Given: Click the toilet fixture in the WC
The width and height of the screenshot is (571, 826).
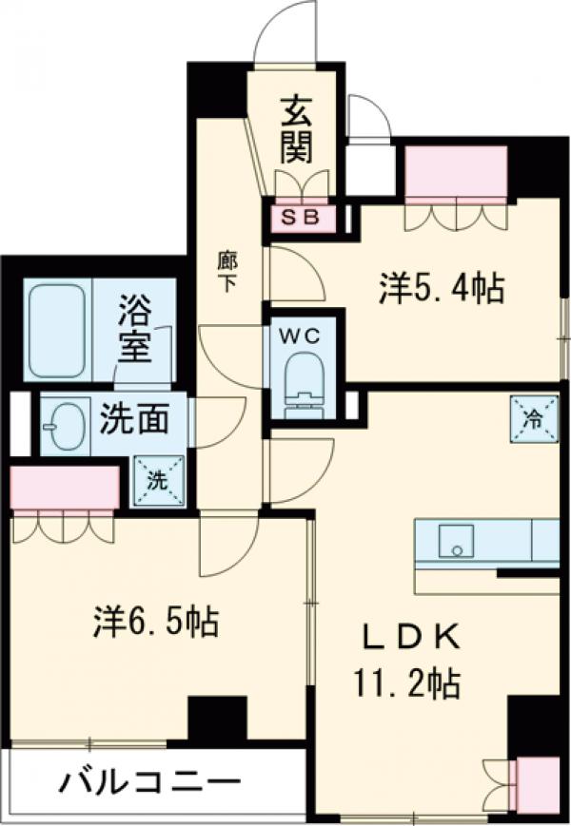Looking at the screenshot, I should coord(304,380).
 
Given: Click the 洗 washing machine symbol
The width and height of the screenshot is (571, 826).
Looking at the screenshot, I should coord(154,480).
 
